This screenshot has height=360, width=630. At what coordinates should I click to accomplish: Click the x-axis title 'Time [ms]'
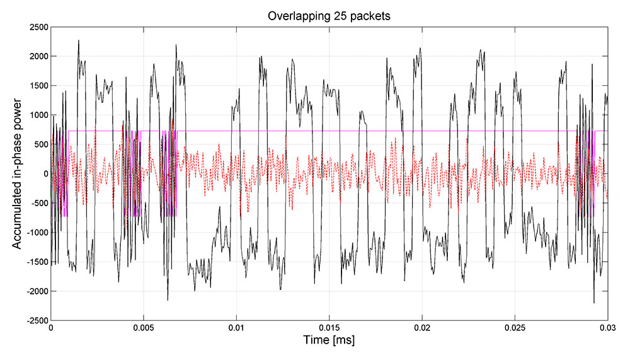tap(328, 341)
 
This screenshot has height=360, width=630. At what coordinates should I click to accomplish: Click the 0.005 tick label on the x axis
tap(144, 328)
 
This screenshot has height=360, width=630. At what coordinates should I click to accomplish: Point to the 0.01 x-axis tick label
tap(236, 328)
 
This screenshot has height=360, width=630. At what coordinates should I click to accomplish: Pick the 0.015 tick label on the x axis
tap(329, 328)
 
